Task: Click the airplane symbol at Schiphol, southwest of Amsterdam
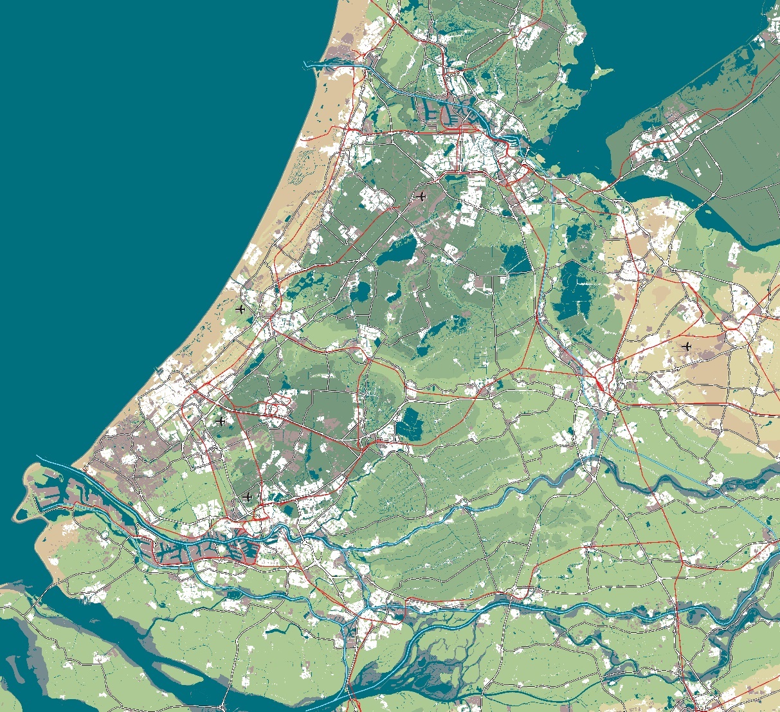click(421, 196)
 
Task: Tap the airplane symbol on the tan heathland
click(687, 347)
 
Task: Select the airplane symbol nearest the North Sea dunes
click(240, 309)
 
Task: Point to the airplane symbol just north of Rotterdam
click(248, 497)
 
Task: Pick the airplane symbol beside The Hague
click(221, 421)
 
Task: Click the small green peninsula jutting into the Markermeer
click(601, 71)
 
